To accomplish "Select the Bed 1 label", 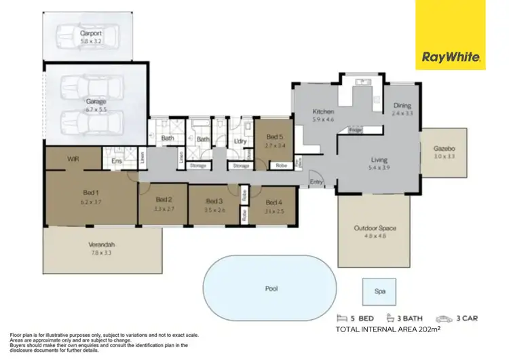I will pyautogui.click(x=91, y=198).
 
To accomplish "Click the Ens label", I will pyautogui.click(x=116, y=161).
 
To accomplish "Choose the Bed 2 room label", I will pyautogui.click(x=164, y=200).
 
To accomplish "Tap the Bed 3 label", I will pyautogui.click(x=214, y=201).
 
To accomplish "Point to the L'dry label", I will pyautogui.click(x=238, y=141).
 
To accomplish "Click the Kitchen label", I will pyautogui.click(x=322, y=112).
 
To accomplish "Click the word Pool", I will pyautogui.click(x=271, y=289).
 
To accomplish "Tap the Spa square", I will pyautogui.click(x=380, y=291).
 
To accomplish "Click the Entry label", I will pyautogui.click(x=316, y=181).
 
